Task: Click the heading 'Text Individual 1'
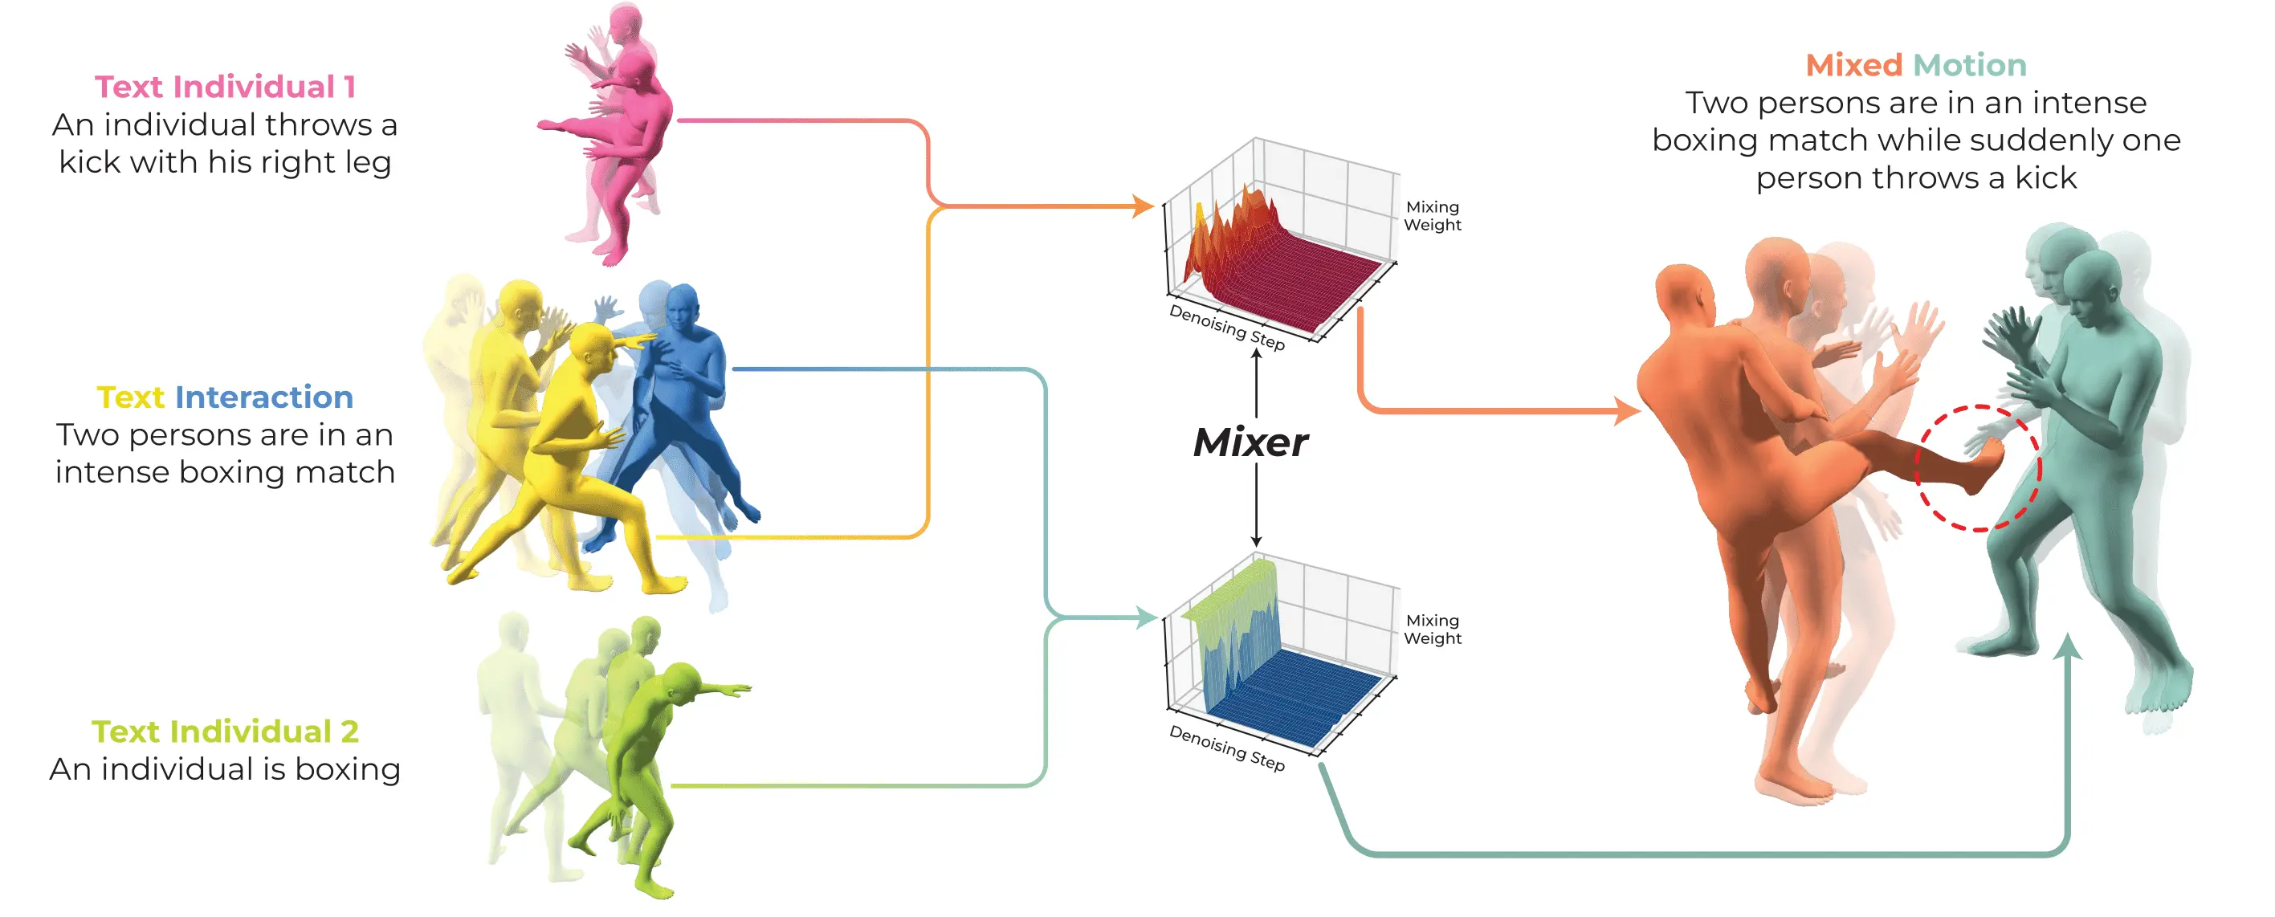(224, 87)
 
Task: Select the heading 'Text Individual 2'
(224, 732)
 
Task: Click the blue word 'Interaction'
(263, 397)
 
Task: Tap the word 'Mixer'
(1250, 442)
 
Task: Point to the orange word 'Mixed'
(1853, 65)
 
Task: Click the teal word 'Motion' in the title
(1969, 65)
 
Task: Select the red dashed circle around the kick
(1978, 468)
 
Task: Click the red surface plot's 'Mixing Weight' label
(1432, 215)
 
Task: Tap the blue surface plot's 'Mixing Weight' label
(1432, 629)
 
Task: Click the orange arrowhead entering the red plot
(1144, 206)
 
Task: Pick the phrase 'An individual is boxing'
(224, 769)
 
